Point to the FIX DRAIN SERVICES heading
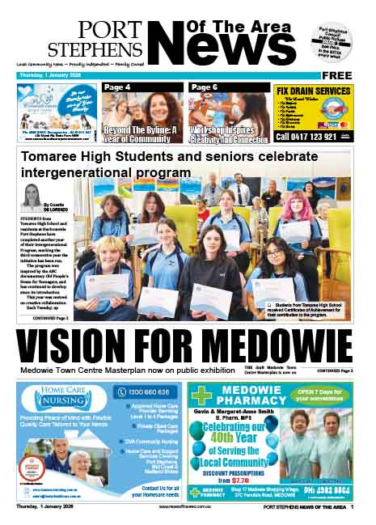pos(314,90)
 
